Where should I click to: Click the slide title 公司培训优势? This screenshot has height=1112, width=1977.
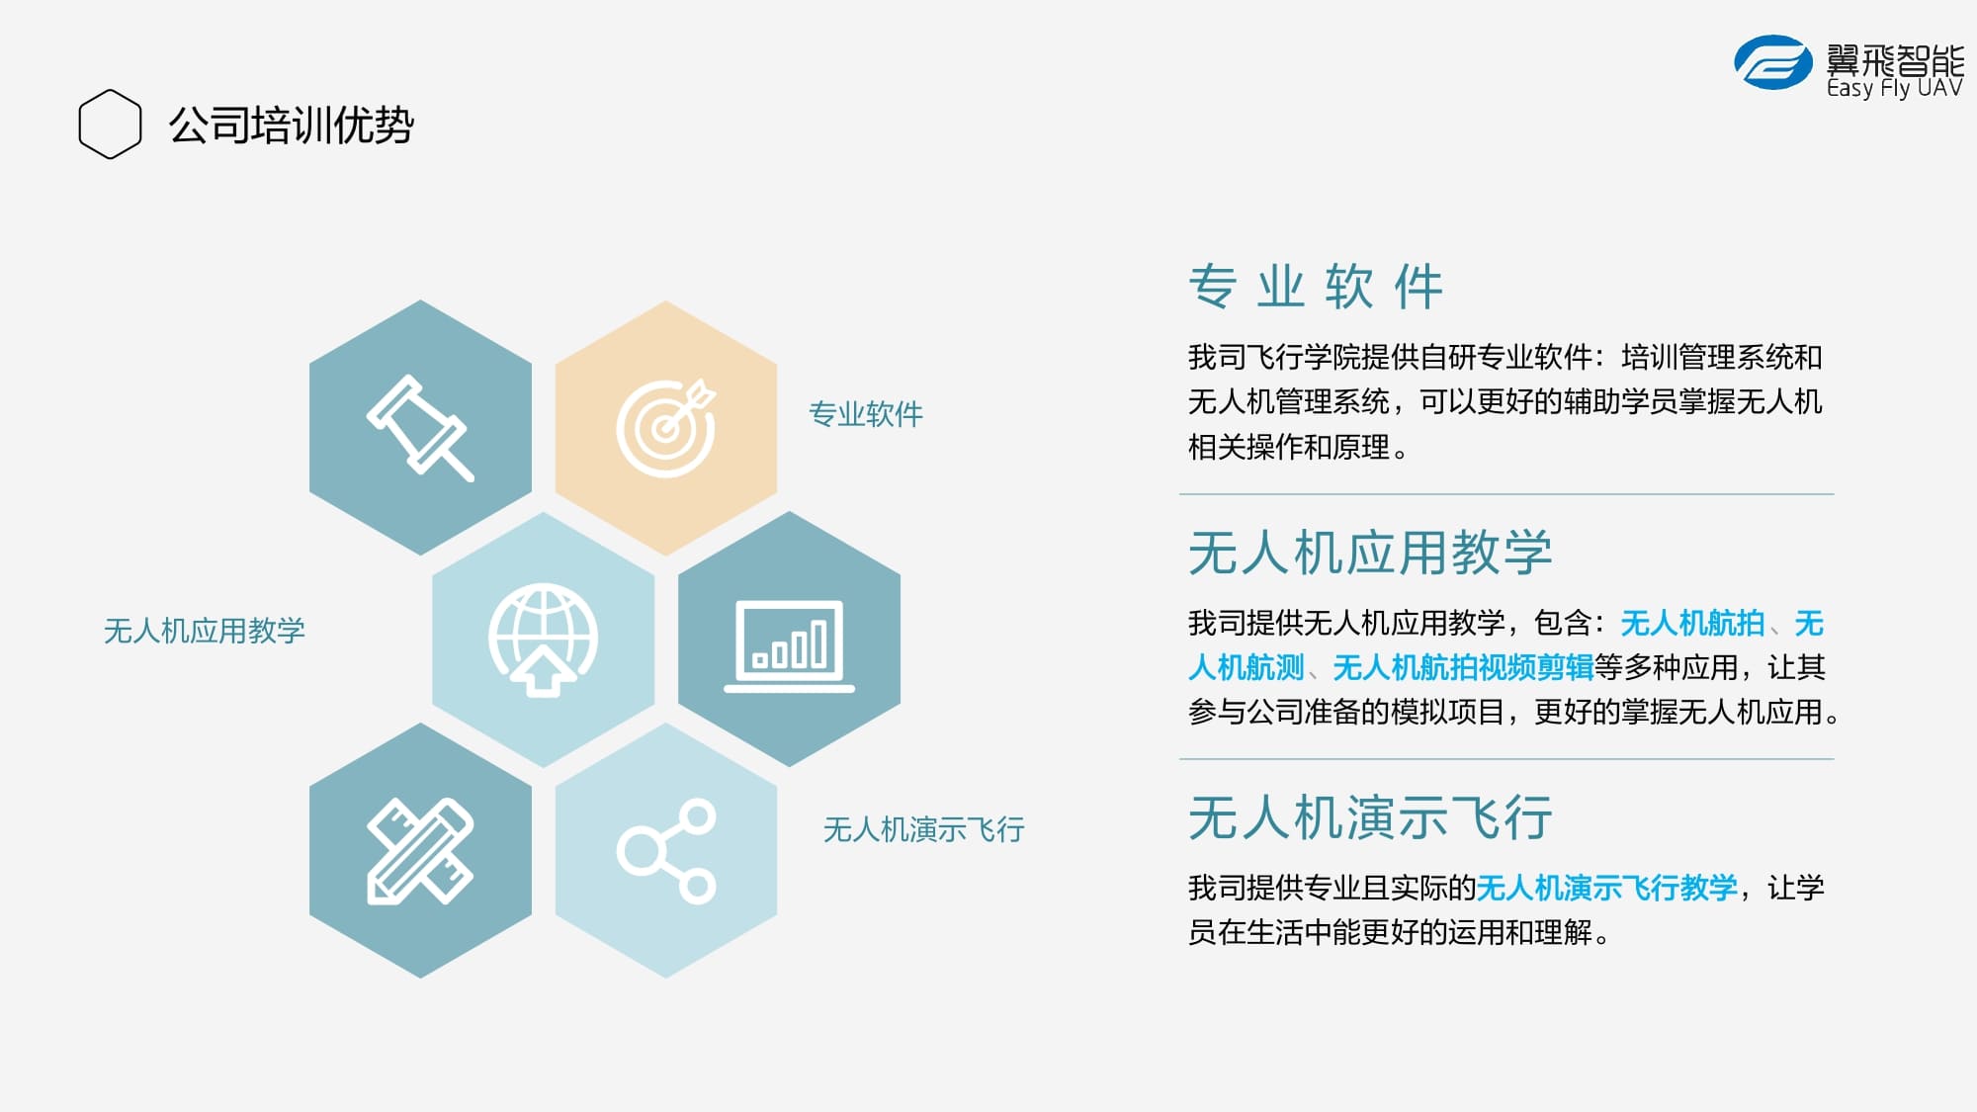[291, 126]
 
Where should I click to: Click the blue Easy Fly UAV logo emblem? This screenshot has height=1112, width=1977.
[1773, 62]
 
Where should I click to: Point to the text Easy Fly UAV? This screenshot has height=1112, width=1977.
[1894, 88]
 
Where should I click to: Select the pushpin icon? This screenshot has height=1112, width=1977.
[420, 428]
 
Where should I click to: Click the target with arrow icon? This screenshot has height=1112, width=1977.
[666, 428]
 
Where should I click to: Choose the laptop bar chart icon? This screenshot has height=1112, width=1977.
[789, 645]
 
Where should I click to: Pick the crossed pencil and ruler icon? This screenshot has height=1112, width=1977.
[420, 850]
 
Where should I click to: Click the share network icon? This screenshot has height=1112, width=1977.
[666, 851]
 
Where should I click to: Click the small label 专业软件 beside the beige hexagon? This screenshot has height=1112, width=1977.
[866, 414]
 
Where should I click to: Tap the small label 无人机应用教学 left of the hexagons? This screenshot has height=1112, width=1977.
[205, 631]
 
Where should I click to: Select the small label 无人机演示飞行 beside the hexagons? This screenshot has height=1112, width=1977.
[924, 829]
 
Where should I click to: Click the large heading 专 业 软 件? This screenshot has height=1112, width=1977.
[1316, 287]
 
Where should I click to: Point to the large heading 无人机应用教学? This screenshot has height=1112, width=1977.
[1370, 553]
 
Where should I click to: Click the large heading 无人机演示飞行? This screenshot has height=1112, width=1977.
[1370, 818]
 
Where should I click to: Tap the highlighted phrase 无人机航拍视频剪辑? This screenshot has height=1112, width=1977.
[1463, 668]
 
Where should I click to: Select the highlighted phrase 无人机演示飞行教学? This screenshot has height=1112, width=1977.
[1607, 888]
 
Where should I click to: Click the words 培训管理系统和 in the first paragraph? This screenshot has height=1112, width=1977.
[1722, 357]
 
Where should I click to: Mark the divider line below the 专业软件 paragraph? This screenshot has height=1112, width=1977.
[1506, 494]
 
